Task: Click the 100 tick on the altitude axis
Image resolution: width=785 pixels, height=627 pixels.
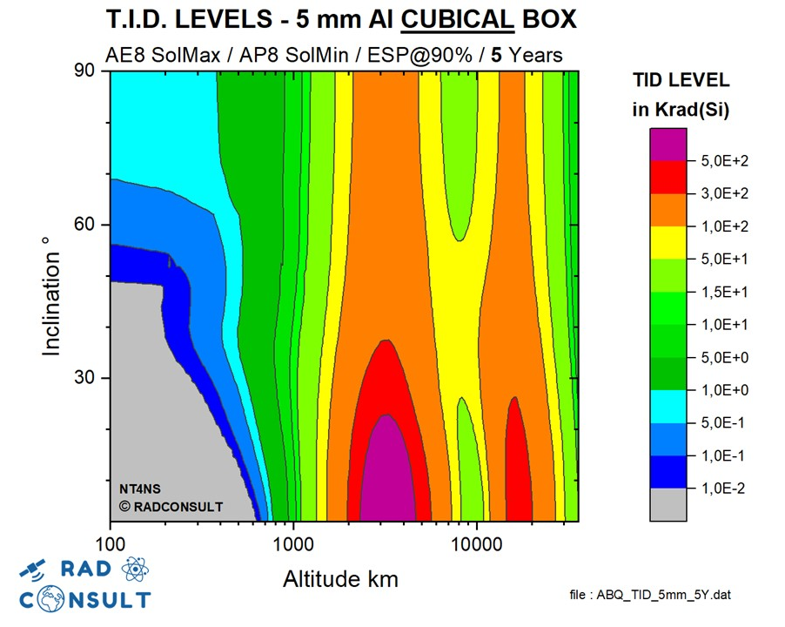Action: click(x=111, y=542)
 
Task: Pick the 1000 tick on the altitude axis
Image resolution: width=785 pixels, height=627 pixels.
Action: click(x=294, y=542)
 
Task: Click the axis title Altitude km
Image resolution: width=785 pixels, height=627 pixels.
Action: click(x=340, y=578)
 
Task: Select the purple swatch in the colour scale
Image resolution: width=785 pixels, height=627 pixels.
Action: click(x=668, y=144)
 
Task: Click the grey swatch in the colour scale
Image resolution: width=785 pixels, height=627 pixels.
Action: click(x=668, y=505)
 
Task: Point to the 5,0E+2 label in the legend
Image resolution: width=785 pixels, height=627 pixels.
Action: click(x=724, y=161)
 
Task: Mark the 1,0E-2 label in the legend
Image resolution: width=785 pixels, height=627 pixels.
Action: click(x=724, y=489)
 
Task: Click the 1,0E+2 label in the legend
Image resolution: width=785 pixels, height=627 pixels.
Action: click(x=724, y=226)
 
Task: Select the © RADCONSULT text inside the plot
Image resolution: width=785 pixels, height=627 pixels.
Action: click(x=171, y=506)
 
